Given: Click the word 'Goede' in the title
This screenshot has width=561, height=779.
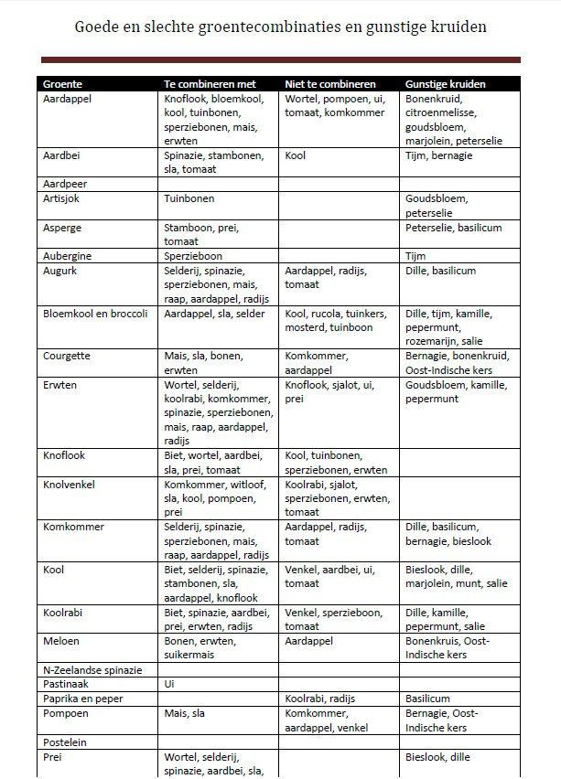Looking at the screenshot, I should pos(98,27).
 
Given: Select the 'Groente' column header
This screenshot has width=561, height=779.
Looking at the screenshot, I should pos(62,84).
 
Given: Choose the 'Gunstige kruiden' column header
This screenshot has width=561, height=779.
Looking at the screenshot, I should pos(446,84).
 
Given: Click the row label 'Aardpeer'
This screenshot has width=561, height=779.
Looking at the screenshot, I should pos(64,184).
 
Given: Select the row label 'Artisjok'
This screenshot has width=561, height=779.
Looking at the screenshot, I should pos(61,198).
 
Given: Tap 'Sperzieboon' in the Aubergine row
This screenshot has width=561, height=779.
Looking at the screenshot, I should pos(193,256).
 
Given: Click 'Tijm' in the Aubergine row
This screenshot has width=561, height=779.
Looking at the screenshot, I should pos(415,256).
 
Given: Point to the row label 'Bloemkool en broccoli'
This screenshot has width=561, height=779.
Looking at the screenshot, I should pos(95,314).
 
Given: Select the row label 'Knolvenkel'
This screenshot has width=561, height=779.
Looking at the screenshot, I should pos(68,484).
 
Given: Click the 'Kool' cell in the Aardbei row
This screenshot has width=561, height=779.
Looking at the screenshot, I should pos(296,155).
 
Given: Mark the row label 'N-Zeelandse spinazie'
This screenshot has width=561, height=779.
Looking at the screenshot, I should pos(92,670).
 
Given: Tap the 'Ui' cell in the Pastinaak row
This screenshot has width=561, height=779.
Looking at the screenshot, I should pos(169,684).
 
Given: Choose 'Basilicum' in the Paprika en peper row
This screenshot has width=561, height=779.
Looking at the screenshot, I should pos(428,699).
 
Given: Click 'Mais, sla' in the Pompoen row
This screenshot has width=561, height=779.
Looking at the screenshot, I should pos(184,713).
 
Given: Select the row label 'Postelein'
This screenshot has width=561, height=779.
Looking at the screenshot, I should pos(65,742).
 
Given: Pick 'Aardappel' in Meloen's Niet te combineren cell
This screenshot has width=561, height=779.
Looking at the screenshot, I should pos(309,641).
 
